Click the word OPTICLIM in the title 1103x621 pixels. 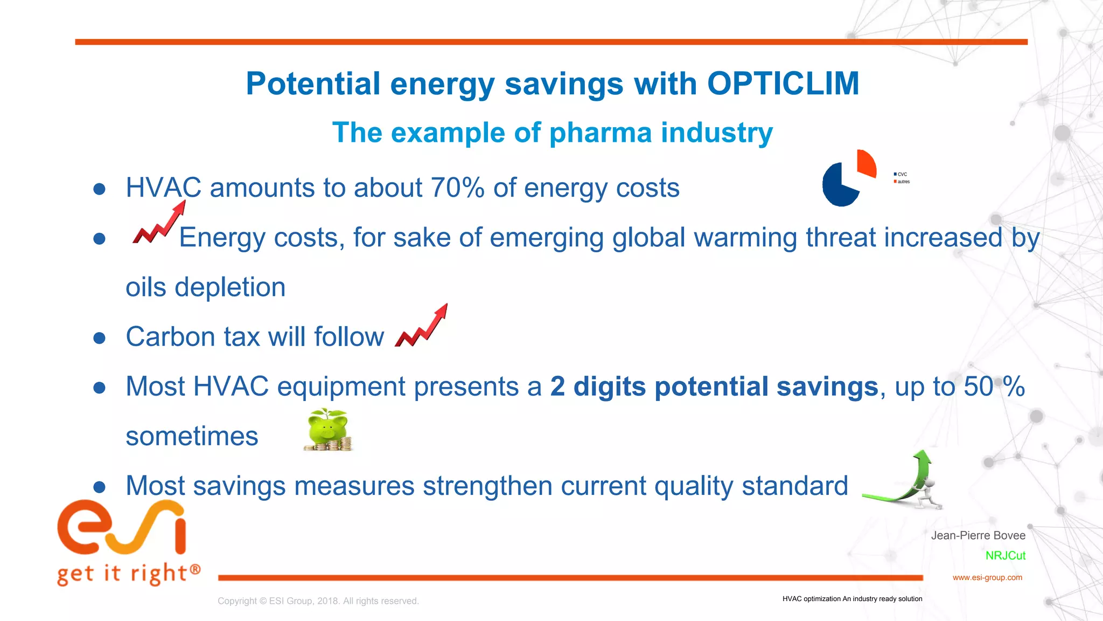coord(783,84)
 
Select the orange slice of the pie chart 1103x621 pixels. coord(866,163)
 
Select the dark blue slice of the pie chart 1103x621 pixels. coord(838,185)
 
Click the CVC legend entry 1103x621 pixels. coord(901,174)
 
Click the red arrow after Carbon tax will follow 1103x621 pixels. coord(422,327)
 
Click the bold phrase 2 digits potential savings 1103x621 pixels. coord(714,387)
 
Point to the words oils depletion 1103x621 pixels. coord(205,287)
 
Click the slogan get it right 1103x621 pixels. coord(128,573)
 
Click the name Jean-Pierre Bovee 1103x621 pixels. coord(978,535)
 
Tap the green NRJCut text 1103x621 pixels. coord(1005,556)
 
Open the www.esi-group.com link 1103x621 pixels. coord(987,577)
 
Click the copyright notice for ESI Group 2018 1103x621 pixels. coord(318,601)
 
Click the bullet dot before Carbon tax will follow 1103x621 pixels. coord(99,338)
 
